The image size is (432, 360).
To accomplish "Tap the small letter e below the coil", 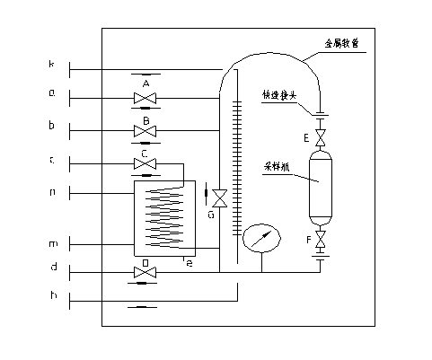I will tap(188, 262).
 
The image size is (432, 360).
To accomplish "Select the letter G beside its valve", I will tap(209, 215).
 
